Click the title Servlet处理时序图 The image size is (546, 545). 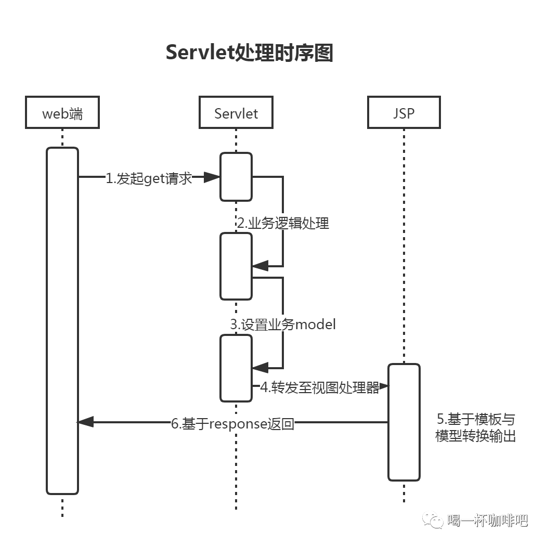249,53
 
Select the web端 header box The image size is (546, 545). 62,112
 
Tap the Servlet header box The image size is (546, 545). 236,112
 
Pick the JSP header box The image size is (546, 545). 404,112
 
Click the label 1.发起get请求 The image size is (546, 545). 149,178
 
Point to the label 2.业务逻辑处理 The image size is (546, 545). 283,223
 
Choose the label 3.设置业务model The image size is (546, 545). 283,324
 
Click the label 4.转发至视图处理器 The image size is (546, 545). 320,387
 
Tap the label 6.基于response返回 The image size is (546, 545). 233,423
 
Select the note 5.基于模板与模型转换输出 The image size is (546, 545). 475,427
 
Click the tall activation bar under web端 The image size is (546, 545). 62,320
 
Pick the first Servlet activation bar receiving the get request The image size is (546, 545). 236,177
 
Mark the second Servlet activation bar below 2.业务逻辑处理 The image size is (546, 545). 236,266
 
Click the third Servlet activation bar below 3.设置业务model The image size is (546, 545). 236,368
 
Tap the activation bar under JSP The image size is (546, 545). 404,422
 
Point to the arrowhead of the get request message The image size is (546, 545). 212,178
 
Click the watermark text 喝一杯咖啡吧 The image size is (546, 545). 487,520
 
